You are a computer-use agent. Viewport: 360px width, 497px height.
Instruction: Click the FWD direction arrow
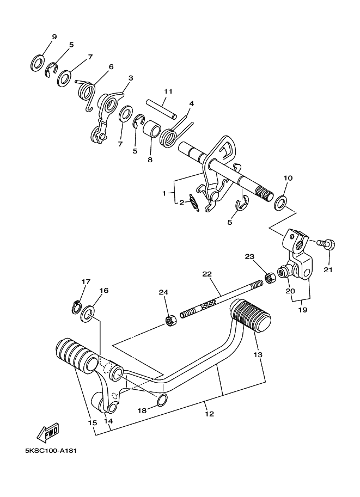pyautogui.click(x=48, y=432)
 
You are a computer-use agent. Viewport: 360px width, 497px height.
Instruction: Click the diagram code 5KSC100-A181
pyautogui.click(x=51, y=450)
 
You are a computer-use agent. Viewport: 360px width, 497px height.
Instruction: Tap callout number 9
pyautogui.click(x=54, y=37)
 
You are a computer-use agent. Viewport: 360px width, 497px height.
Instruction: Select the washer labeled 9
pyautogui.click(x=38, y=63)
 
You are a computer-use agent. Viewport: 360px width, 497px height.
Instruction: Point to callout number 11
pyautogui.click(x=168, y=91)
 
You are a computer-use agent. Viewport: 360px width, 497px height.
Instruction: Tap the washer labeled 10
pyautogui.click(x=280, y=203)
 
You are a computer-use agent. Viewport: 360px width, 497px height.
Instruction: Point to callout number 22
pyautogui.click(x=207, y=274)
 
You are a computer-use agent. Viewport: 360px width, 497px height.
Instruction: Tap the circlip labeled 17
pyautogui.click(x=76, y=307)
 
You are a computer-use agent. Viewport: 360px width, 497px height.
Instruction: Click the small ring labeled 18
pyautogui.click(x=162, y=400)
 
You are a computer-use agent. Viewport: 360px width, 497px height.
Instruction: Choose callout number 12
pyautogui.click(x=210, y=414)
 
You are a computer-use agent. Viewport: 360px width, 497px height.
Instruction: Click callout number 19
pyautogui.click(x=303, y=310)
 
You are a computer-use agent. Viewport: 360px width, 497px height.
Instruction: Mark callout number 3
pyautogui.click(x=131, y=78)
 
